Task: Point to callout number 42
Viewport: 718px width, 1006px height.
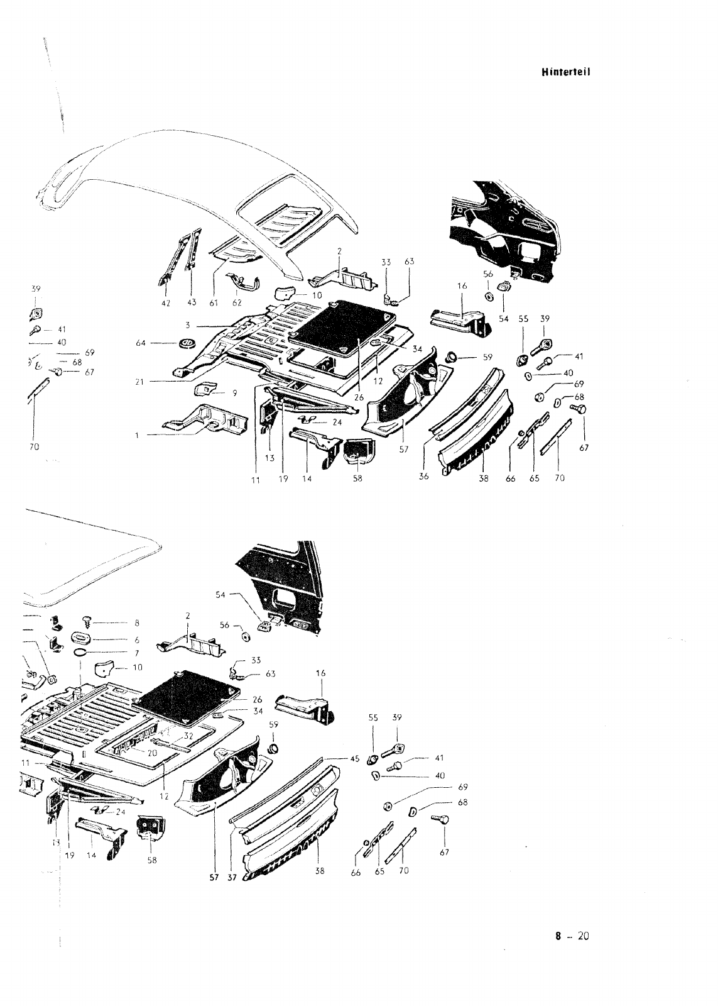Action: [165, 302]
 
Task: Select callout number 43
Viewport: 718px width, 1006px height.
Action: [192, 302]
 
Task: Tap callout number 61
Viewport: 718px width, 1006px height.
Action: [214, 302]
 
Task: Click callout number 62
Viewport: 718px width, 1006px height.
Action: [237, 302]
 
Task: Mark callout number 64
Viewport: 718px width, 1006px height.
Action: [141, 343]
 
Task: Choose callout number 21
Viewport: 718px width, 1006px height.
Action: [139, 381]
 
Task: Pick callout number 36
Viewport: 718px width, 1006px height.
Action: [423, 477]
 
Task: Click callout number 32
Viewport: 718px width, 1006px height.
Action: [188, 736]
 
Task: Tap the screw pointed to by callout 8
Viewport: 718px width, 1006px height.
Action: [88, 624]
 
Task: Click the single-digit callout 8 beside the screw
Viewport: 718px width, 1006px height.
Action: [136, 624]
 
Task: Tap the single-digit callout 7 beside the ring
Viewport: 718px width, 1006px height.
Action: [136, 654]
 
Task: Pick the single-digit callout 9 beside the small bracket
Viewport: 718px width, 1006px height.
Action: [234, 394]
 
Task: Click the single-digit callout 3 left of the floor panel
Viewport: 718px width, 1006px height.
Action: [188, 326]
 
